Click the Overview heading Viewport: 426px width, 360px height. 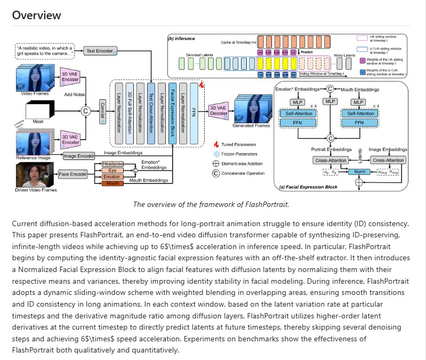pyautogui.click(x=37, y=15)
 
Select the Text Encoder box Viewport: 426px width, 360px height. pyautogui.click(x=99, y=51)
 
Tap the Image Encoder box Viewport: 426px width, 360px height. pyautogui.click(x=78, y=156)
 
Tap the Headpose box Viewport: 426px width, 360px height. pyautogui.click(x=112, y=163)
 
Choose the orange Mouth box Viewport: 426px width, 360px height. pyautogui.click(x=112, y=183)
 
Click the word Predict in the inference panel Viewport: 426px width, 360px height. pyautogui.click(x=307, y=53)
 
